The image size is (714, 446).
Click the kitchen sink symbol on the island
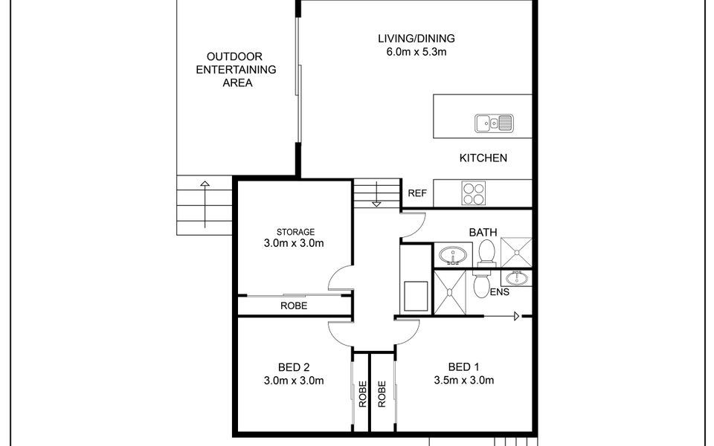pyautogui.click(x=494, y=123)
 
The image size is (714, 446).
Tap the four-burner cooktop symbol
pyautogui.click(x=474, y=193)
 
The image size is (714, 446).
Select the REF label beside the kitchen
pyautogui.click(x=417, y=193)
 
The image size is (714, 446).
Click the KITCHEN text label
pyautogui.click(x=483, y=158)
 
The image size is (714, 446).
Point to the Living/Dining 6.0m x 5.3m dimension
pyautogui.click(x=416, y=51)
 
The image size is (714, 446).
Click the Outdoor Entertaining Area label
pyautogui.click(x=237, y=70)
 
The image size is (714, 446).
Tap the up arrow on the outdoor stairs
pyautogui.click(x=205, y=204)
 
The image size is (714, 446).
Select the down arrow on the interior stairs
pyautogui.click(x=376, y=194)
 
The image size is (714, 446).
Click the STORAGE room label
pyautogui.click(x=295, y=232)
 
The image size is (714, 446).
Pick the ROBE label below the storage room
pyautogui.click(x=294, y=306)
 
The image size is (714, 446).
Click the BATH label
pyautogui.click(x=483, y=233)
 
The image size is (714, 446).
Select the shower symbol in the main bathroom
pyautogui.click(x=516, y=252)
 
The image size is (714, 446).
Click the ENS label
pyautogui.click(x=500, y=291)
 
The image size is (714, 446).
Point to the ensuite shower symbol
pyautogui.click(x=450, y=293)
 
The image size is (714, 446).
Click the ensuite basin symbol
pyautogui.click(x=516, y=277)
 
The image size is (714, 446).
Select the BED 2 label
pyautogui.click(x=294, y=366)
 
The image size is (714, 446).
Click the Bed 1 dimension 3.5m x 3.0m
pyautogui.click(x=464, y=380)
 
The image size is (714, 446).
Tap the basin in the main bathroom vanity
pyautogui.click(x=453, y=256)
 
